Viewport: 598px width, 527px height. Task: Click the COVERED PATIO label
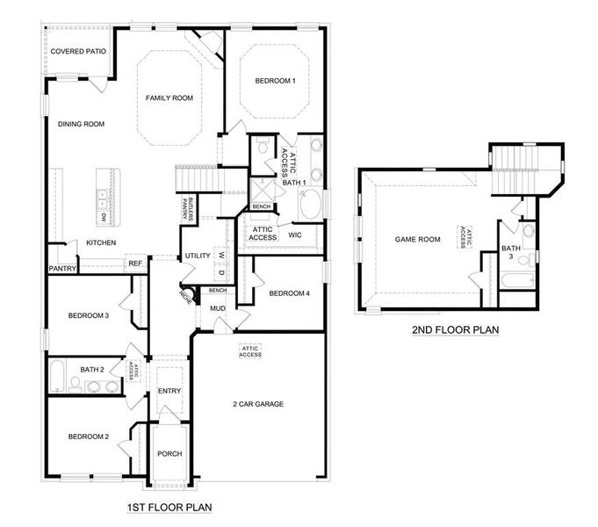[78, 52]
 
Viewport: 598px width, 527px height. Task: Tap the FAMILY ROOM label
[169, 97]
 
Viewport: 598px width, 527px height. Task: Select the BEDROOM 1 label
[275, 82]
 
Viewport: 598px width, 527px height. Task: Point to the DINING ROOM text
[81, 125]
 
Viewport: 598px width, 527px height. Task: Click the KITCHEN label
[101, 242]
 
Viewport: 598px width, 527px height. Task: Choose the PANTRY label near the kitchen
[62, 269]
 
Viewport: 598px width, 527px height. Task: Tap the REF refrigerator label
[135, 263]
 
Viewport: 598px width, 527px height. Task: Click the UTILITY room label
[198, 256]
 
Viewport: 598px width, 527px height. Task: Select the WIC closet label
[295, 235]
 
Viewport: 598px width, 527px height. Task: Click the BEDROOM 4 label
[290, 293]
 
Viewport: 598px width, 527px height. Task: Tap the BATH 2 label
[92, 370]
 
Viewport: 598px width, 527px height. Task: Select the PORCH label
[169, 454]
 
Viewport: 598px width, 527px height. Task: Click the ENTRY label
[169, 391]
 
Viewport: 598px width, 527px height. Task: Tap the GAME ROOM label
[416, 238]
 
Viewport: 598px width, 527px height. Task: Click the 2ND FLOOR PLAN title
[455, 330]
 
